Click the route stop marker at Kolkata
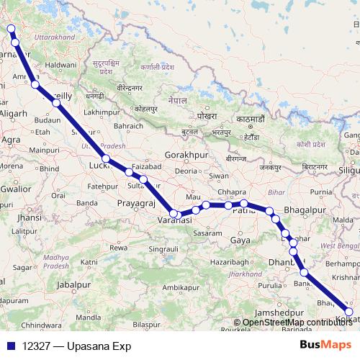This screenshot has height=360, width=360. pyautogui.click(x=349, y=312)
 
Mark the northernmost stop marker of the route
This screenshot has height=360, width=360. pyautogui.click(x=10, y=29)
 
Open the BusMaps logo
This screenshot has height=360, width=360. pyautogui.click(x=325, y=345)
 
